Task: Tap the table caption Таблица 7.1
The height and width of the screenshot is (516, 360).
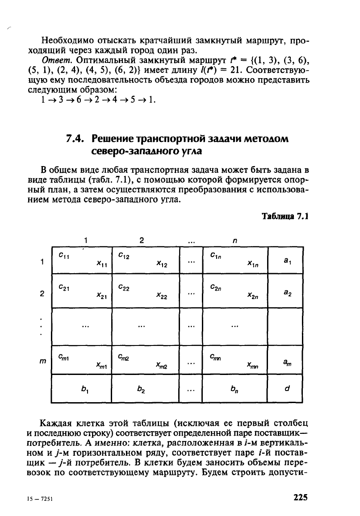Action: [285, 216]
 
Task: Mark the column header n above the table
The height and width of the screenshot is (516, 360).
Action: [234, 240]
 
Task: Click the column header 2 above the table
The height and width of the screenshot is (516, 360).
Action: [141, 240]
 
